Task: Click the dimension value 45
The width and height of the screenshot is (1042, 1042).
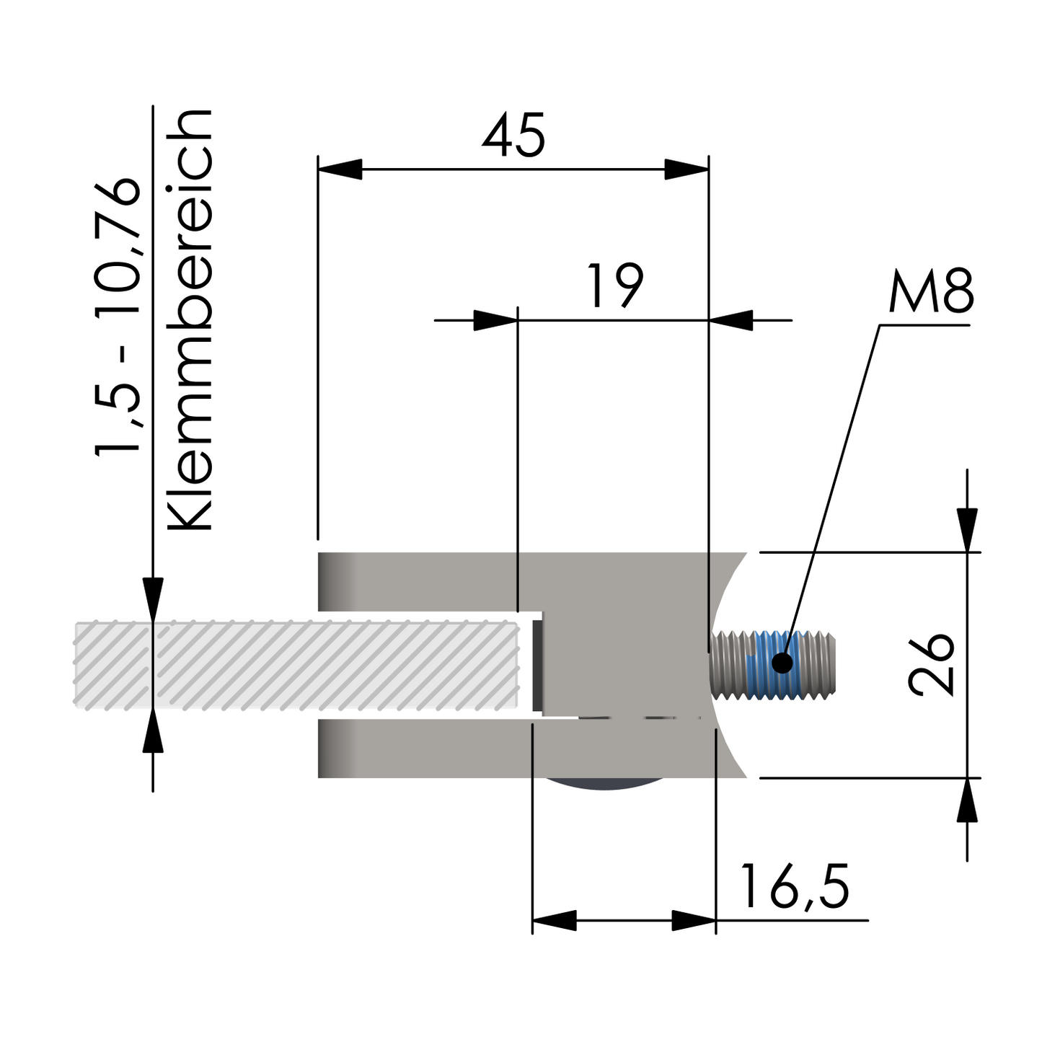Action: [x=513, y=136]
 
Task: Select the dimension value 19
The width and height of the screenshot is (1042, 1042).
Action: [x=614, y=286]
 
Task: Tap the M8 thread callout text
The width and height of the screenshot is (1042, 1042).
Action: [x=931, y=292]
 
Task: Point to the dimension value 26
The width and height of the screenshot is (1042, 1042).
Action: [x=932, y=664]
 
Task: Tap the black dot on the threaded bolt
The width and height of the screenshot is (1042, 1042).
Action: [x=782, y=662]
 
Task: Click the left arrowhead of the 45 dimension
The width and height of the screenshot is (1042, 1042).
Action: [x=340, y=169]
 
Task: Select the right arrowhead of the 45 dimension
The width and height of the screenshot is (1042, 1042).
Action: [x=686, y=169]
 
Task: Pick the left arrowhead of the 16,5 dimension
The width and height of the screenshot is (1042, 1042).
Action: [x=554, y=920]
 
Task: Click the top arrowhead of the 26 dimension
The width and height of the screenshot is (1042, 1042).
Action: [x=967, y=529]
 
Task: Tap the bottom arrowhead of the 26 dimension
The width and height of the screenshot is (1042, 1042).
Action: [x=967, y=800]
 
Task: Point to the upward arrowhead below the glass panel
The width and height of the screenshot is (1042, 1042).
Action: [x=152, y=731]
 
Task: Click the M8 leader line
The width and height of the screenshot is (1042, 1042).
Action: [x=836, y=476]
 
